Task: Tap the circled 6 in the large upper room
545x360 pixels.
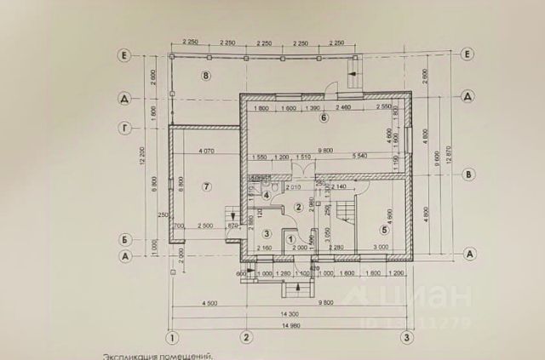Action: [324, 117]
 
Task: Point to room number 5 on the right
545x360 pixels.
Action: [384, 228]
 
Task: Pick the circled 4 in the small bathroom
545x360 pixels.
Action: [267, 196]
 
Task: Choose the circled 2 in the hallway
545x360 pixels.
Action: [299, 207]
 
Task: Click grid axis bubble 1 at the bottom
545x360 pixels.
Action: [171, 338]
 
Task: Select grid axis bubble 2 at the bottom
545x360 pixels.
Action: [246, 338]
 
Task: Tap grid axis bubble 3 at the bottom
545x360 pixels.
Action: [409, 338]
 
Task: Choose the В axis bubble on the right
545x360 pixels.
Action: [468, 175]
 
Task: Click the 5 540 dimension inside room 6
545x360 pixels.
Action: [359, 156]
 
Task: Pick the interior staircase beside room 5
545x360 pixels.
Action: [346, 209]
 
